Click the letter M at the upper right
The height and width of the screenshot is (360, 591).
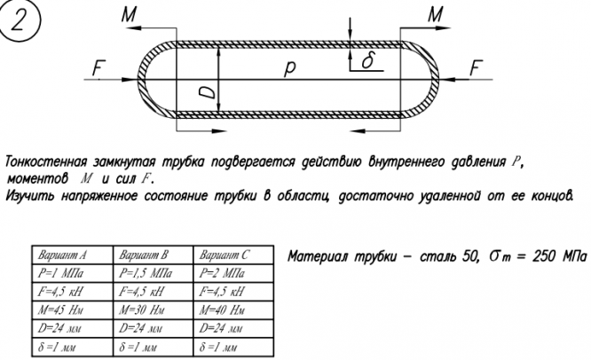[436, 14]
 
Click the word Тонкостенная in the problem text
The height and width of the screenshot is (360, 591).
[45, 162]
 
